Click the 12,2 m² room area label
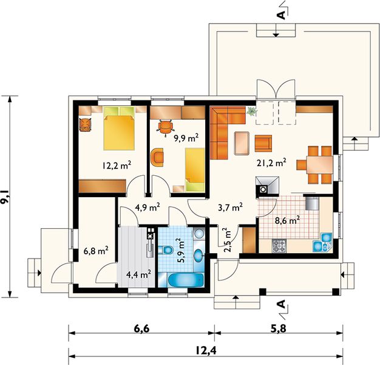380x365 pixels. point(115,164)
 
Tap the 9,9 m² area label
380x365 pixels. point(186,138)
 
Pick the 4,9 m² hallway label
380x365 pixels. point(147,207)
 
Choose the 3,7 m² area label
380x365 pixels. point(230,206)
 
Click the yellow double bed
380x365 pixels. point(119,128)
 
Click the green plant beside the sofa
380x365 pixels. point(251,111)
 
